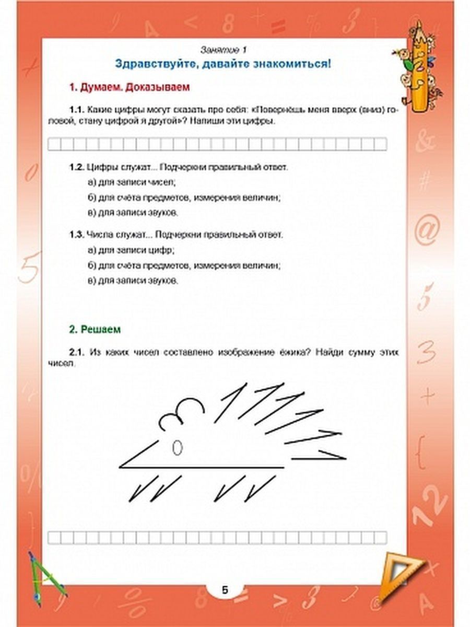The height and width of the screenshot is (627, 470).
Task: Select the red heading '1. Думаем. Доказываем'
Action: pos(130,88)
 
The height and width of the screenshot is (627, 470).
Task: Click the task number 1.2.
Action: pos(76,167)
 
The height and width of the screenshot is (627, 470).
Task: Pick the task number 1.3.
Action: pos(76,235)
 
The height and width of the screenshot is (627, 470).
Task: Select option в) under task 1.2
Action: pos(133,213)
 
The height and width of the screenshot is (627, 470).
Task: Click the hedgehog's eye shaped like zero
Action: pos(177,447)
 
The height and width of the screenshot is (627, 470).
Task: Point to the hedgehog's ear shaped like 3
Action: pos(180,413)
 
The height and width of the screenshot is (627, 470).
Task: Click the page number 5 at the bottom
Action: pos(225,590)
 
